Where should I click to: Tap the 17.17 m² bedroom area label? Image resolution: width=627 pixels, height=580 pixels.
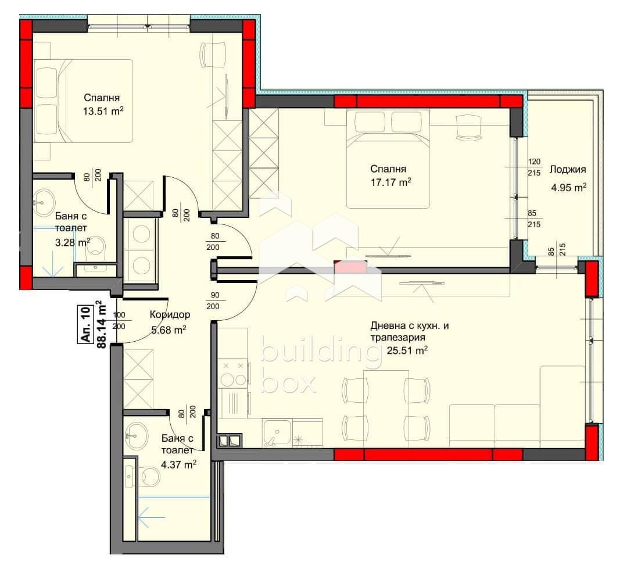390,183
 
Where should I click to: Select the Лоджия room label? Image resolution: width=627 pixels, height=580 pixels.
567,170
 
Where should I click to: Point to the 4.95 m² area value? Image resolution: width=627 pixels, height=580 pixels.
569,188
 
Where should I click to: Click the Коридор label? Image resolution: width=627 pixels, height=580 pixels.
170,315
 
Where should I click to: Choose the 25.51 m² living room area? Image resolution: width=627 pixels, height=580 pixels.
407,351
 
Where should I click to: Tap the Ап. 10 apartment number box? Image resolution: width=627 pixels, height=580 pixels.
85,324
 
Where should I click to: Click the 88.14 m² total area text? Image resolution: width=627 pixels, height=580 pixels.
102,324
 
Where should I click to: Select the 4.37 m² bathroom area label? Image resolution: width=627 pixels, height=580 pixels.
178,465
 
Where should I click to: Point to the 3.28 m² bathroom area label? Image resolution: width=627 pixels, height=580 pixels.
73,242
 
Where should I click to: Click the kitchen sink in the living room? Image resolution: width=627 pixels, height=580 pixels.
277,433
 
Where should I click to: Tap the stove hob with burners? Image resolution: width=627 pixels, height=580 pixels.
233,374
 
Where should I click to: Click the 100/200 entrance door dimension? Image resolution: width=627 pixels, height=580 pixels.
119,321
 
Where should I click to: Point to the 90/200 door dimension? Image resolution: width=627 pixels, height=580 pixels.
215,301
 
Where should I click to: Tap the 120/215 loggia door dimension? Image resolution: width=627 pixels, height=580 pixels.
534,167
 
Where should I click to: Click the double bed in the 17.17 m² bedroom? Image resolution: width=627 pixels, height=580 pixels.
388,159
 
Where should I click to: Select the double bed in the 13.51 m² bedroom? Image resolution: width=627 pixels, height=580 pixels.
83,101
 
